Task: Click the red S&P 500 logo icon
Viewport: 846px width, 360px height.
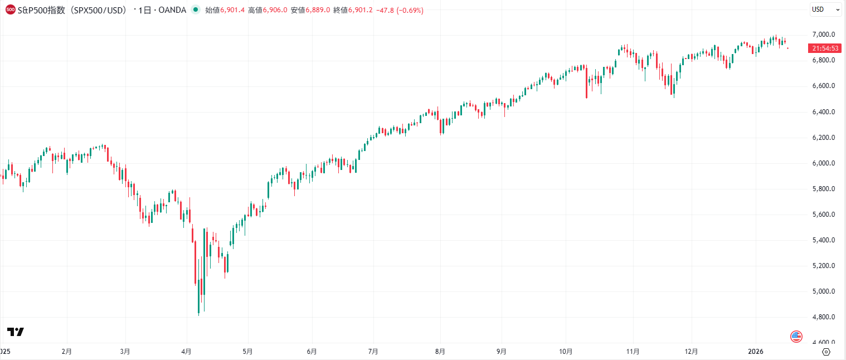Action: [10, 10]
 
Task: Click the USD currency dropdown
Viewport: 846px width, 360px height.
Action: [825, 9]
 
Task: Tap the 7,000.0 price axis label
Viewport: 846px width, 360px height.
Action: [823, 35]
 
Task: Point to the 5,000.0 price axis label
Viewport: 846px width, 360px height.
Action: [823, 291]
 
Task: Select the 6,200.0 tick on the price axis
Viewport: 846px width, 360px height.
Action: [823, 138]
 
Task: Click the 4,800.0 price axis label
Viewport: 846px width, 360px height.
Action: [823, 317]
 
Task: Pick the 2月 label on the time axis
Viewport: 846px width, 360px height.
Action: [67, 352]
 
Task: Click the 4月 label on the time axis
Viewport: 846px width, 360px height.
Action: [187, 352]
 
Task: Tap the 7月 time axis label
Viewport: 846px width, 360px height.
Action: [373, 352]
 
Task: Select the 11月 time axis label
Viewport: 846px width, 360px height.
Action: [633, 352]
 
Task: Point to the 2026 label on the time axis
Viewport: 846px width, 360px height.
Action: [756, 352]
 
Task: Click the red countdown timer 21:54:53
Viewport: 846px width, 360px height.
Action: [825, 48]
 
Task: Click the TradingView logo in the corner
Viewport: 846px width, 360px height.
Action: [15, 332]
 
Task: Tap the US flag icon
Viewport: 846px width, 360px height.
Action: [796, 336]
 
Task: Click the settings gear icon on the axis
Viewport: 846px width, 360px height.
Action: [826, 352]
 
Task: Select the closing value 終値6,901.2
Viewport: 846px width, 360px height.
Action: [352, 10]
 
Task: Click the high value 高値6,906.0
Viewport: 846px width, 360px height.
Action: [268, 10]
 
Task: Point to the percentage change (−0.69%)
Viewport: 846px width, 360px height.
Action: [410, 10]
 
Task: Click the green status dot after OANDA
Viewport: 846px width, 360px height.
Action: [195, 10]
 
